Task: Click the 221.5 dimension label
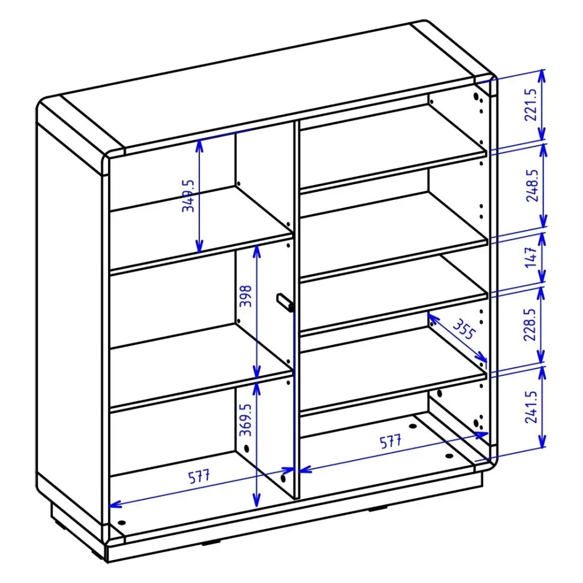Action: click(x=531, y=105)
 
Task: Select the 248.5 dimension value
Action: click(x=532, y=186)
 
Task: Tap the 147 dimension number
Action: click(x=531, y=257)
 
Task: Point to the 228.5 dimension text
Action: click(x=529, y=324)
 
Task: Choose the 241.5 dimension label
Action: click(x=531, y=407)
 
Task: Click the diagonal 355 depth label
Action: click(x=464, y=329)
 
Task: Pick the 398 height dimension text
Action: click(x=245, y=296)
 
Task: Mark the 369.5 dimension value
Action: click(x=245, y=420)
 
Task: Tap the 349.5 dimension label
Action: click(x=188, y=196)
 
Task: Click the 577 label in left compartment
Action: click(x=199, y=477)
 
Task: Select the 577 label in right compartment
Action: click(x=391, y=441)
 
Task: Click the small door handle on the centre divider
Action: click(x=285, y=302)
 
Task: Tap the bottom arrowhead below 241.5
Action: click(x=542, y=442)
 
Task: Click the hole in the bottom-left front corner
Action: click(x=121, y=523)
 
